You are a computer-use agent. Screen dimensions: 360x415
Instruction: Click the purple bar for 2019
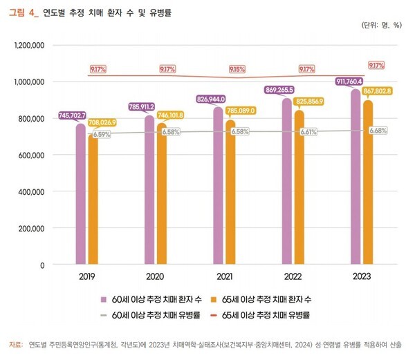point(81,193)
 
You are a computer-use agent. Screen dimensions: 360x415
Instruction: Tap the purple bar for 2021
point(218,186)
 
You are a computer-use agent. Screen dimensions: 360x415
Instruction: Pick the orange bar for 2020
point(161,193)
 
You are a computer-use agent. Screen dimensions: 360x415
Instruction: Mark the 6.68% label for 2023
point(378,131)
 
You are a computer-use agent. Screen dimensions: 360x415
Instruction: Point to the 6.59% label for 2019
point(101,135)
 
